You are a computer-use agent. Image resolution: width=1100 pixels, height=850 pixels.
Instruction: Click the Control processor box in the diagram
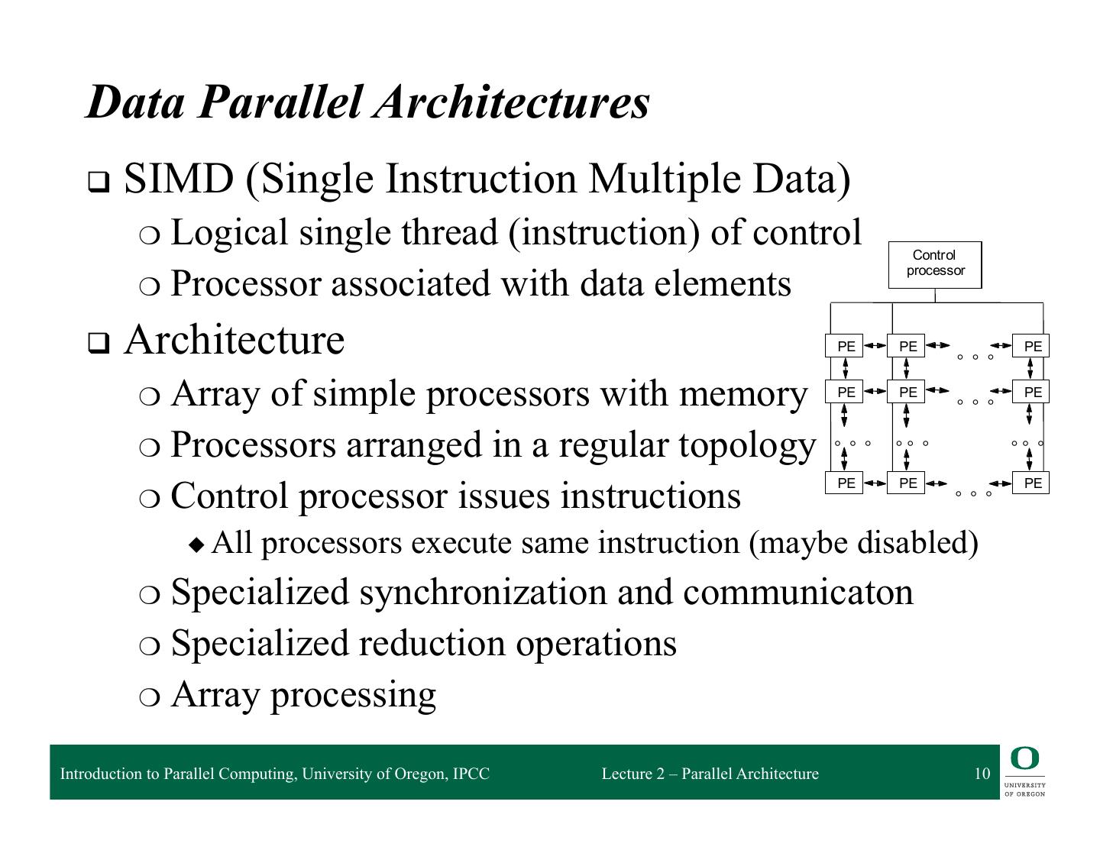(934, 264)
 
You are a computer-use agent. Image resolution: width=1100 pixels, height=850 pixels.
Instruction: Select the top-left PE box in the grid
(845, 346)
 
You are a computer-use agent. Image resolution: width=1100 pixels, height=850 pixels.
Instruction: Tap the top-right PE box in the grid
(1031, 346)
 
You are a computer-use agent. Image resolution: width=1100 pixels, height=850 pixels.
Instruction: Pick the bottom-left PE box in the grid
(845, 483)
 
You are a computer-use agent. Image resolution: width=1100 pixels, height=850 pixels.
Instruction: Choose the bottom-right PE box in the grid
(1031, 483)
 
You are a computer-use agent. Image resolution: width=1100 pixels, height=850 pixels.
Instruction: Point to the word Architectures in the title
(511, 102)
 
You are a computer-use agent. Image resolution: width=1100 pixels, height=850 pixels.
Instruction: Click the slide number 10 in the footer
(982, 774)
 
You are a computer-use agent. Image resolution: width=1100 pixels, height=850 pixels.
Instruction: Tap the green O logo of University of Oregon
(1024, 759)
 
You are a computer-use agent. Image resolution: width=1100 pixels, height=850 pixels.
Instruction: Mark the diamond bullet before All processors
(197, 545)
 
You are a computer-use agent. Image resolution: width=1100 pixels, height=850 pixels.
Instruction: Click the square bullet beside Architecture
(98, 344)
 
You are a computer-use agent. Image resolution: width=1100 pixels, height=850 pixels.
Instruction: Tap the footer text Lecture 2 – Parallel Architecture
(710, 774)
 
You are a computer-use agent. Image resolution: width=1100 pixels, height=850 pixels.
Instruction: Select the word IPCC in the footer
(471, 774)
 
